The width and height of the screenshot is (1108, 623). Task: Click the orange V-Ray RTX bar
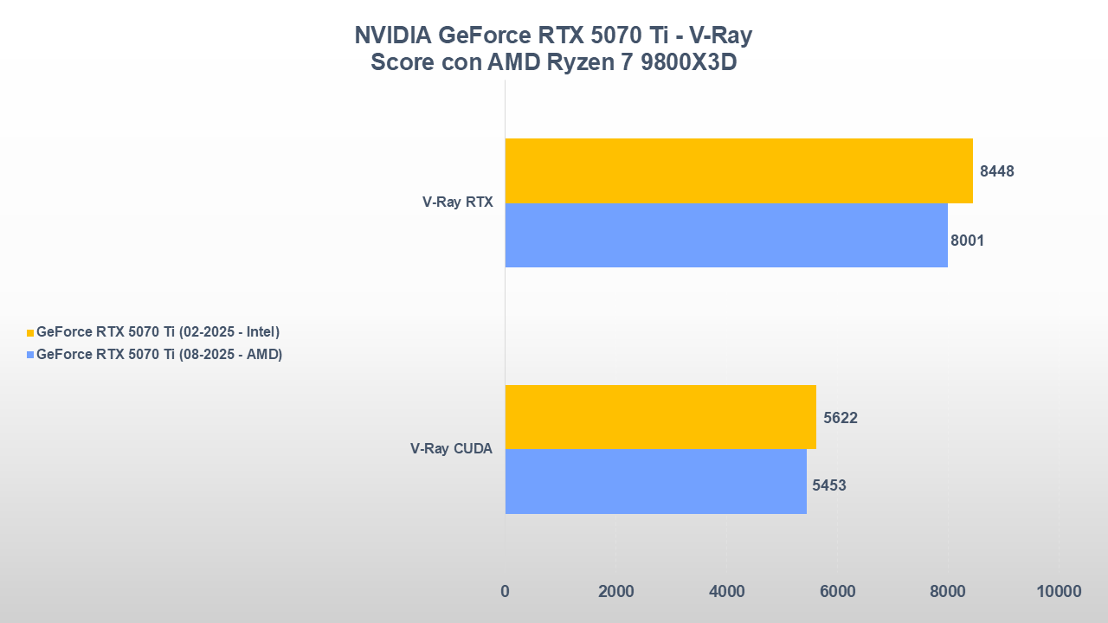(738, 170)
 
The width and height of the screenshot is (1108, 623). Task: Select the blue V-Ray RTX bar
(726, 235)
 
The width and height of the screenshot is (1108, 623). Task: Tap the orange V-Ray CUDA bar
(660, 417)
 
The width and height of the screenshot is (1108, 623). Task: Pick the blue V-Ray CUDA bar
(655, 481)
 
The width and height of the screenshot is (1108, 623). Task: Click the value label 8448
(996, 171)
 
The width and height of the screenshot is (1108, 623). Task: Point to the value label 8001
(967, 241)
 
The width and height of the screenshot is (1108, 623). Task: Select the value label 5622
(841, 418)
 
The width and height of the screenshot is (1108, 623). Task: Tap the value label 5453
(828, 485)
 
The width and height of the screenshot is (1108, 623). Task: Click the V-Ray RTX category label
(457, 202)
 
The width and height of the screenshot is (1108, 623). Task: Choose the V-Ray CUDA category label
(451, 449)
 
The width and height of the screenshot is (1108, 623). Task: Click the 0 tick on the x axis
(505, 591)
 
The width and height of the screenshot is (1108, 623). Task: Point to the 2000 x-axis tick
(615, 591)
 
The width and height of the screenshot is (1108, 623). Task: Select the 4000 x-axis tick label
(726, 591)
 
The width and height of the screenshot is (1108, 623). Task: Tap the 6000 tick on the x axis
(837, 591)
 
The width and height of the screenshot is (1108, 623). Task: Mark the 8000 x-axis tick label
(948, 591)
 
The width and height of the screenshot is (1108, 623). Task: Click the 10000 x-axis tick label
(1058, 591)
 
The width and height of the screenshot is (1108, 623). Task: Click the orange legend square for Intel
(30, 332)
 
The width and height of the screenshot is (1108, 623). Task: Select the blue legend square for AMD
(30, 355)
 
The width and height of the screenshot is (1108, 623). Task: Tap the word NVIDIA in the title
(393, 35)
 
